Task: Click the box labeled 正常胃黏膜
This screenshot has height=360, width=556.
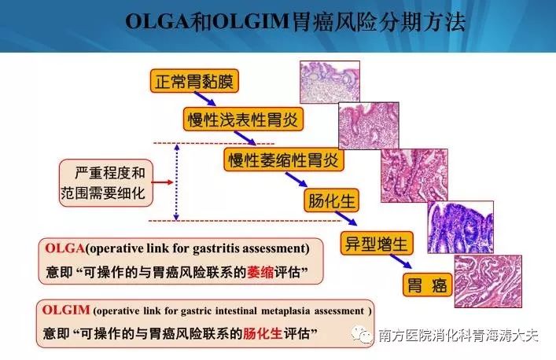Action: [194, 81]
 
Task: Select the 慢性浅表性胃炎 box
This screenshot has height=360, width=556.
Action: [243, 119]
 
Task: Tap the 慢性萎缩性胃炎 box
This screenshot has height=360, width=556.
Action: [284, 160]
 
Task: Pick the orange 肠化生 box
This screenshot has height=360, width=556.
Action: [332, 200]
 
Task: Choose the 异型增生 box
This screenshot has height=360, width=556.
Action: [377, 243]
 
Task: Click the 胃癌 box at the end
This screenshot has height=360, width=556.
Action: [428, 285]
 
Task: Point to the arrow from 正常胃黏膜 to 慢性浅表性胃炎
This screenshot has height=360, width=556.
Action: [205, 99]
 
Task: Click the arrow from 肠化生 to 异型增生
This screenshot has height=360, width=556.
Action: [346, 219]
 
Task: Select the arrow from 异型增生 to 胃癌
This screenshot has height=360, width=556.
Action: [401, 261]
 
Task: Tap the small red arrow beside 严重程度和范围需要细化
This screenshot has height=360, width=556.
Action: [162, 182]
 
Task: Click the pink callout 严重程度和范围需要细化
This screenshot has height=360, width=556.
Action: [106, 183]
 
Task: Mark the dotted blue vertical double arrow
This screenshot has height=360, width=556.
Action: [176, 182]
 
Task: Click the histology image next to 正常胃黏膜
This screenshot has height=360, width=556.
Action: [330, 82]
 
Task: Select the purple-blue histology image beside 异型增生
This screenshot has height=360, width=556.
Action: [460, 227]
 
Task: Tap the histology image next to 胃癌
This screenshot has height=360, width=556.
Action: [488, 281]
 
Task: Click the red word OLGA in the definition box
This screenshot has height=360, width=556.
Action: [65, 248]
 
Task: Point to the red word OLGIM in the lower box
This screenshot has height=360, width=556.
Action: [66, 310]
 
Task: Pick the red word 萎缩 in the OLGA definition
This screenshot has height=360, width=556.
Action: [260, 272]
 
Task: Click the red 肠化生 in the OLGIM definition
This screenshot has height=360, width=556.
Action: [263, 333]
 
